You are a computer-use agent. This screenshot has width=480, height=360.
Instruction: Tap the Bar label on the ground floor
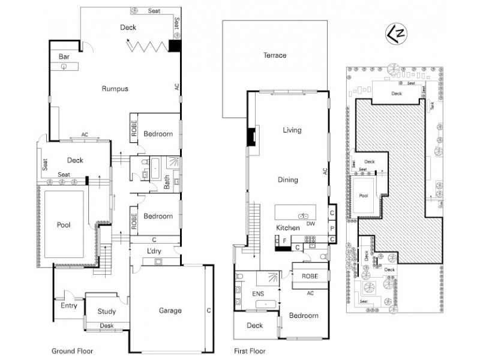coord(64,57)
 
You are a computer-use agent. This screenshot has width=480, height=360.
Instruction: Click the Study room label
coord(107,311)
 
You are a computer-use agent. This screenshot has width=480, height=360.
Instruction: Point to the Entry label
coord(69,305)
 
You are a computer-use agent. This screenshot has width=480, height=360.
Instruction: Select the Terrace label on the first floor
coord(275,55)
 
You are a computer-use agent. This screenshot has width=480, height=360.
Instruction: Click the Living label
coord(292,130)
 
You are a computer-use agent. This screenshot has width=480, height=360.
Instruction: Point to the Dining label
coord(288,179)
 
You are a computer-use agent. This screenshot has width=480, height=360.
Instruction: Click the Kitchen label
coord(287,228)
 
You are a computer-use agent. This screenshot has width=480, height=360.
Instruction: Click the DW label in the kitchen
coord(311,224)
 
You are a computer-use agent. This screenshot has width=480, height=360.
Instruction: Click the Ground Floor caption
coord(72,351)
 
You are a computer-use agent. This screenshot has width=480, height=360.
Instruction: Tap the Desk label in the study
coord(107,326)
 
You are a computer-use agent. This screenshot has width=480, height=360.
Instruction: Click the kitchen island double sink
coord(302,214)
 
